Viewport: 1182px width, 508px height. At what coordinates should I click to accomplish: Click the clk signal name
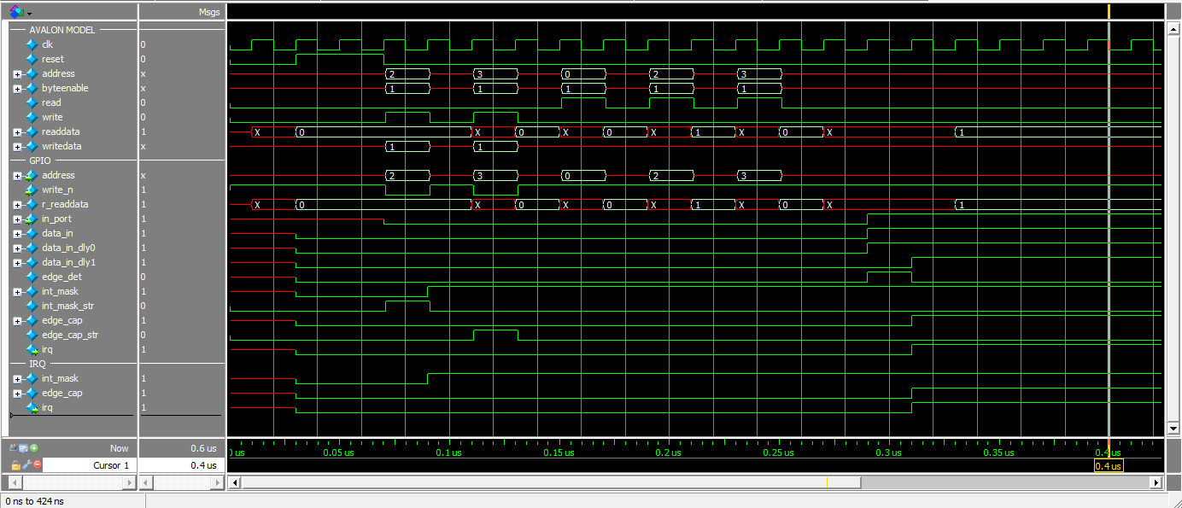[x=47, y=44]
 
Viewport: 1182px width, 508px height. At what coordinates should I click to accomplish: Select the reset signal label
[x=51, y=59]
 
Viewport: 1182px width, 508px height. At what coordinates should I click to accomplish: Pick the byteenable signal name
[x=64, y=88]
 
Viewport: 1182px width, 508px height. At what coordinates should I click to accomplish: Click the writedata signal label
[x=62, y=146]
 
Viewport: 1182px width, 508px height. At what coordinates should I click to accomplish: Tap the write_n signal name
[x=58, y=190]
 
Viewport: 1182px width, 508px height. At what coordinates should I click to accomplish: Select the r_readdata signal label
[x=64, y=204]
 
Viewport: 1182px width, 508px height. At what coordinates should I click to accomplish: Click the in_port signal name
[x=56, y=219]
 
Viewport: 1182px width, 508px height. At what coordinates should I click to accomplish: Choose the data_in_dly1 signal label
[x=68, y=262]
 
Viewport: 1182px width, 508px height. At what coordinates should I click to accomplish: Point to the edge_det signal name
[x=61, y=277]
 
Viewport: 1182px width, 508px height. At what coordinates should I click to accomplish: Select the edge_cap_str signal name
[x=69, y=335]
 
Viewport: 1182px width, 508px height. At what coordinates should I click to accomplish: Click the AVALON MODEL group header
[x=62, y=30]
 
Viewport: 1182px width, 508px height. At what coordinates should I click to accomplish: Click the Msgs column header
[x=209, y=13]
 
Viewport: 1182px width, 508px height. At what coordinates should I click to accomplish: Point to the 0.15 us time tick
[x=558, y=453]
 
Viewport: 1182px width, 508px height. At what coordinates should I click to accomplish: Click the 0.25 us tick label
[x=778, y=453]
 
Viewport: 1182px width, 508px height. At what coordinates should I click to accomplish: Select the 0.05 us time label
[x=338, y=453]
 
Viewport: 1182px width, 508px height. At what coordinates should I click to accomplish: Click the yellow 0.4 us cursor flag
[x=1109, y=466]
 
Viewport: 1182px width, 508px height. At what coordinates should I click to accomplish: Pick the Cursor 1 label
[x=111, y=465]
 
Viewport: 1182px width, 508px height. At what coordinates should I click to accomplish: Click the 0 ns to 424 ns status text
[x=34, y=501]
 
